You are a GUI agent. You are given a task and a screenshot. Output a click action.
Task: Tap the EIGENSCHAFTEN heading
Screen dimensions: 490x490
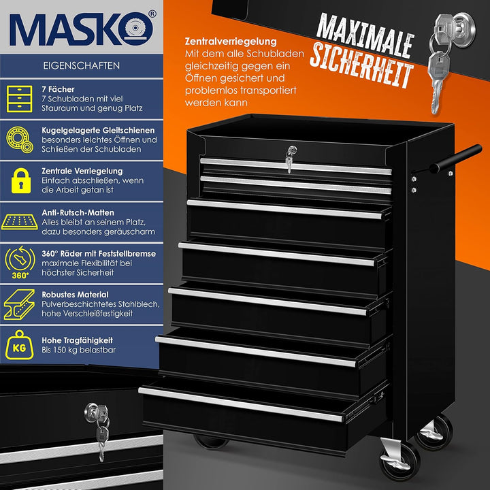click(81, 65)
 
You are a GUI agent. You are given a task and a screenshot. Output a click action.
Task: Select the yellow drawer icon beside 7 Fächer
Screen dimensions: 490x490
click(19, 99)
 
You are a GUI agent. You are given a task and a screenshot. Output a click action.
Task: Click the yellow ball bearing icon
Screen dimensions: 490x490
click(19, 140)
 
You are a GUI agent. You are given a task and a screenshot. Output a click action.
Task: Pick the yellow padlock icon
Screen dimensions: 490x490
click(21, 180)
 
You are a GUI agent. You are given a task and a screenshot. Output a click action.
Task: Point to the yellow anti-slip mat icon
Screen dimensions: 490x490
click(19, 222)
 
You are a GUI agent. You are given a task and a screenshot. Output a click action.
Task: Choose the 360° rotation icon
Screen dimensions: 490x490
click(20, 262)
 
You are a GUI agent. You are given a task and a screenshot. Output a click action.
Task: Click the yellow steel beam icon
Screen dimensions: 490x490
click(19, 304)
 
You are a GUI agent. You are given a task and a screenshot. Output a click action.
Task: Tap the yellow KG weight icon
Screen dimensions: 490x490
click(19, 345)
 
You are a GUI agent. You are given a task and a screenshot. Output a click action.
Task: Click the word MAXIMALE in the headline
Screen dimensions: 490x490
click(365, 35)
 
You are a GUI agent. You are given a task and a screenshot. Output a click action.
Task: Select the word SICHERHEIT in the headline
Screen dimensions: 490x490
click(361, 65)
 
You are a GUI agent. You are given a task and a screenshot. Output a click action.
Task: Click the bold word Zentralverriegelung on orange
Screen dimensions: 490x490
click(231, 42)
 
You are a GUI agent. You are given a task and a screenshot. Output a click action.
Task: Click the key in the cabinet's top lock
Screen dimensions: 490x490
click(290, 159)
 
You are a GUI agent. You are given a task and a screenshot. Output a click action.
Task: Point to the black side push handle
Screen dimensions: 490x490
click(455, 159)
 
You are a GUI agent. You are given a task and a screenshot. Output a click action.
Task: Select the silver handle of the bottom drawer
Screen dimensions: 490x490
click(241, 404)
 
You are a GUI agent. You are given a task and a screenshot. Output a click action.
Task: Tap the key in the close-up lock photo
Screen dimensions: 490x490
click(99, 430)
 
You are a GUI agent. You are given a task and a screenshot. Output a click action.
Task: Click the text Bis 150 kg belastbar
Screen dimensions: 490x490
click(78, 350)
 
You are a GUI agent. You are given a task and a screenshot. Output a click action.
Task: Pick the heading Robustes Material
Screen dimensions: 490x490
click(75, 295)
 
